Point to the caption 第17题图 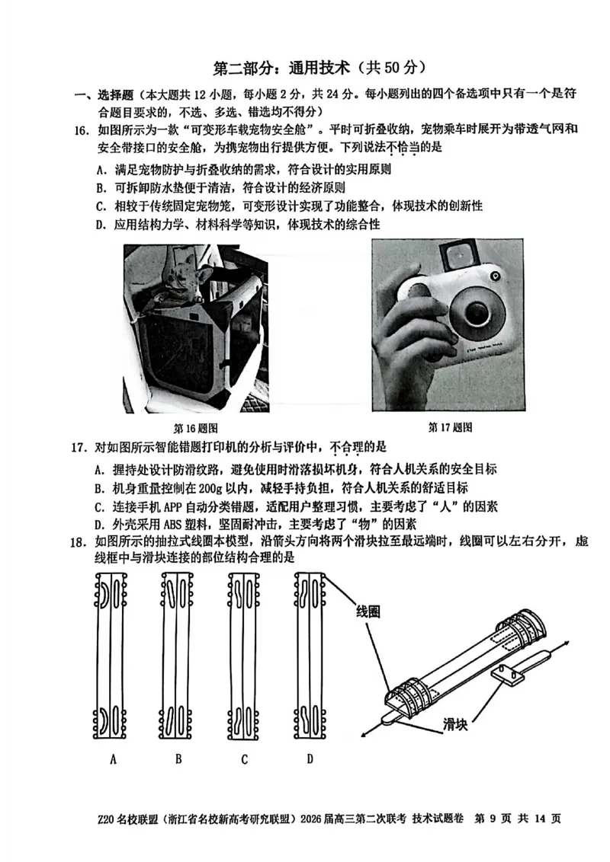pos(451,426)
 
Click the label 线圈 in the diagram pos(368,611)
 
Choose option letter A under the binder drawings pos(113,759)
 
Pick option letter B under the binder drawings pos(178,759)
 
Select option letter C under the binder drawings pos(244,759)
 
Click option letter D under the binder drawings pos(310,759)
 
